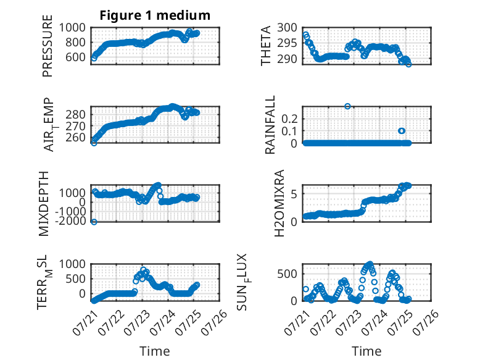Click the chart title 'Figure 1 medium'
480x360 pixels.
155,15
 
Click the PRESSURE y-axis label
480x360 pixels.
48,46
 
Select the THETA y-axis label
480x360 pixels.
266,46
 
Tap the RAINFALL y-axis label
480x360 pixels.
270,125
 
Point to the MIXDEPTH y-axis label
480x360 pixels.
44,204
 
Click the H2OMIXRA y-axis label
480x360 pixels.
279,203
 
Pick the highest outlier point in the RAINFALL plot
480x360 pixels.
347,106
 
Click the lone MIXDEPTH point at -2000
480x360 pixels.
94,222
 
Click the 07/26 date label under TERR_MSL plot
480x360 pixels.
214,322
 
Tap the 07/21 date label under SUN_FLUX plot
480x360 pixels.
297,322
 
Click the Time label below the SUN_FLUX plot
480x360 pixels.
366,351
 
